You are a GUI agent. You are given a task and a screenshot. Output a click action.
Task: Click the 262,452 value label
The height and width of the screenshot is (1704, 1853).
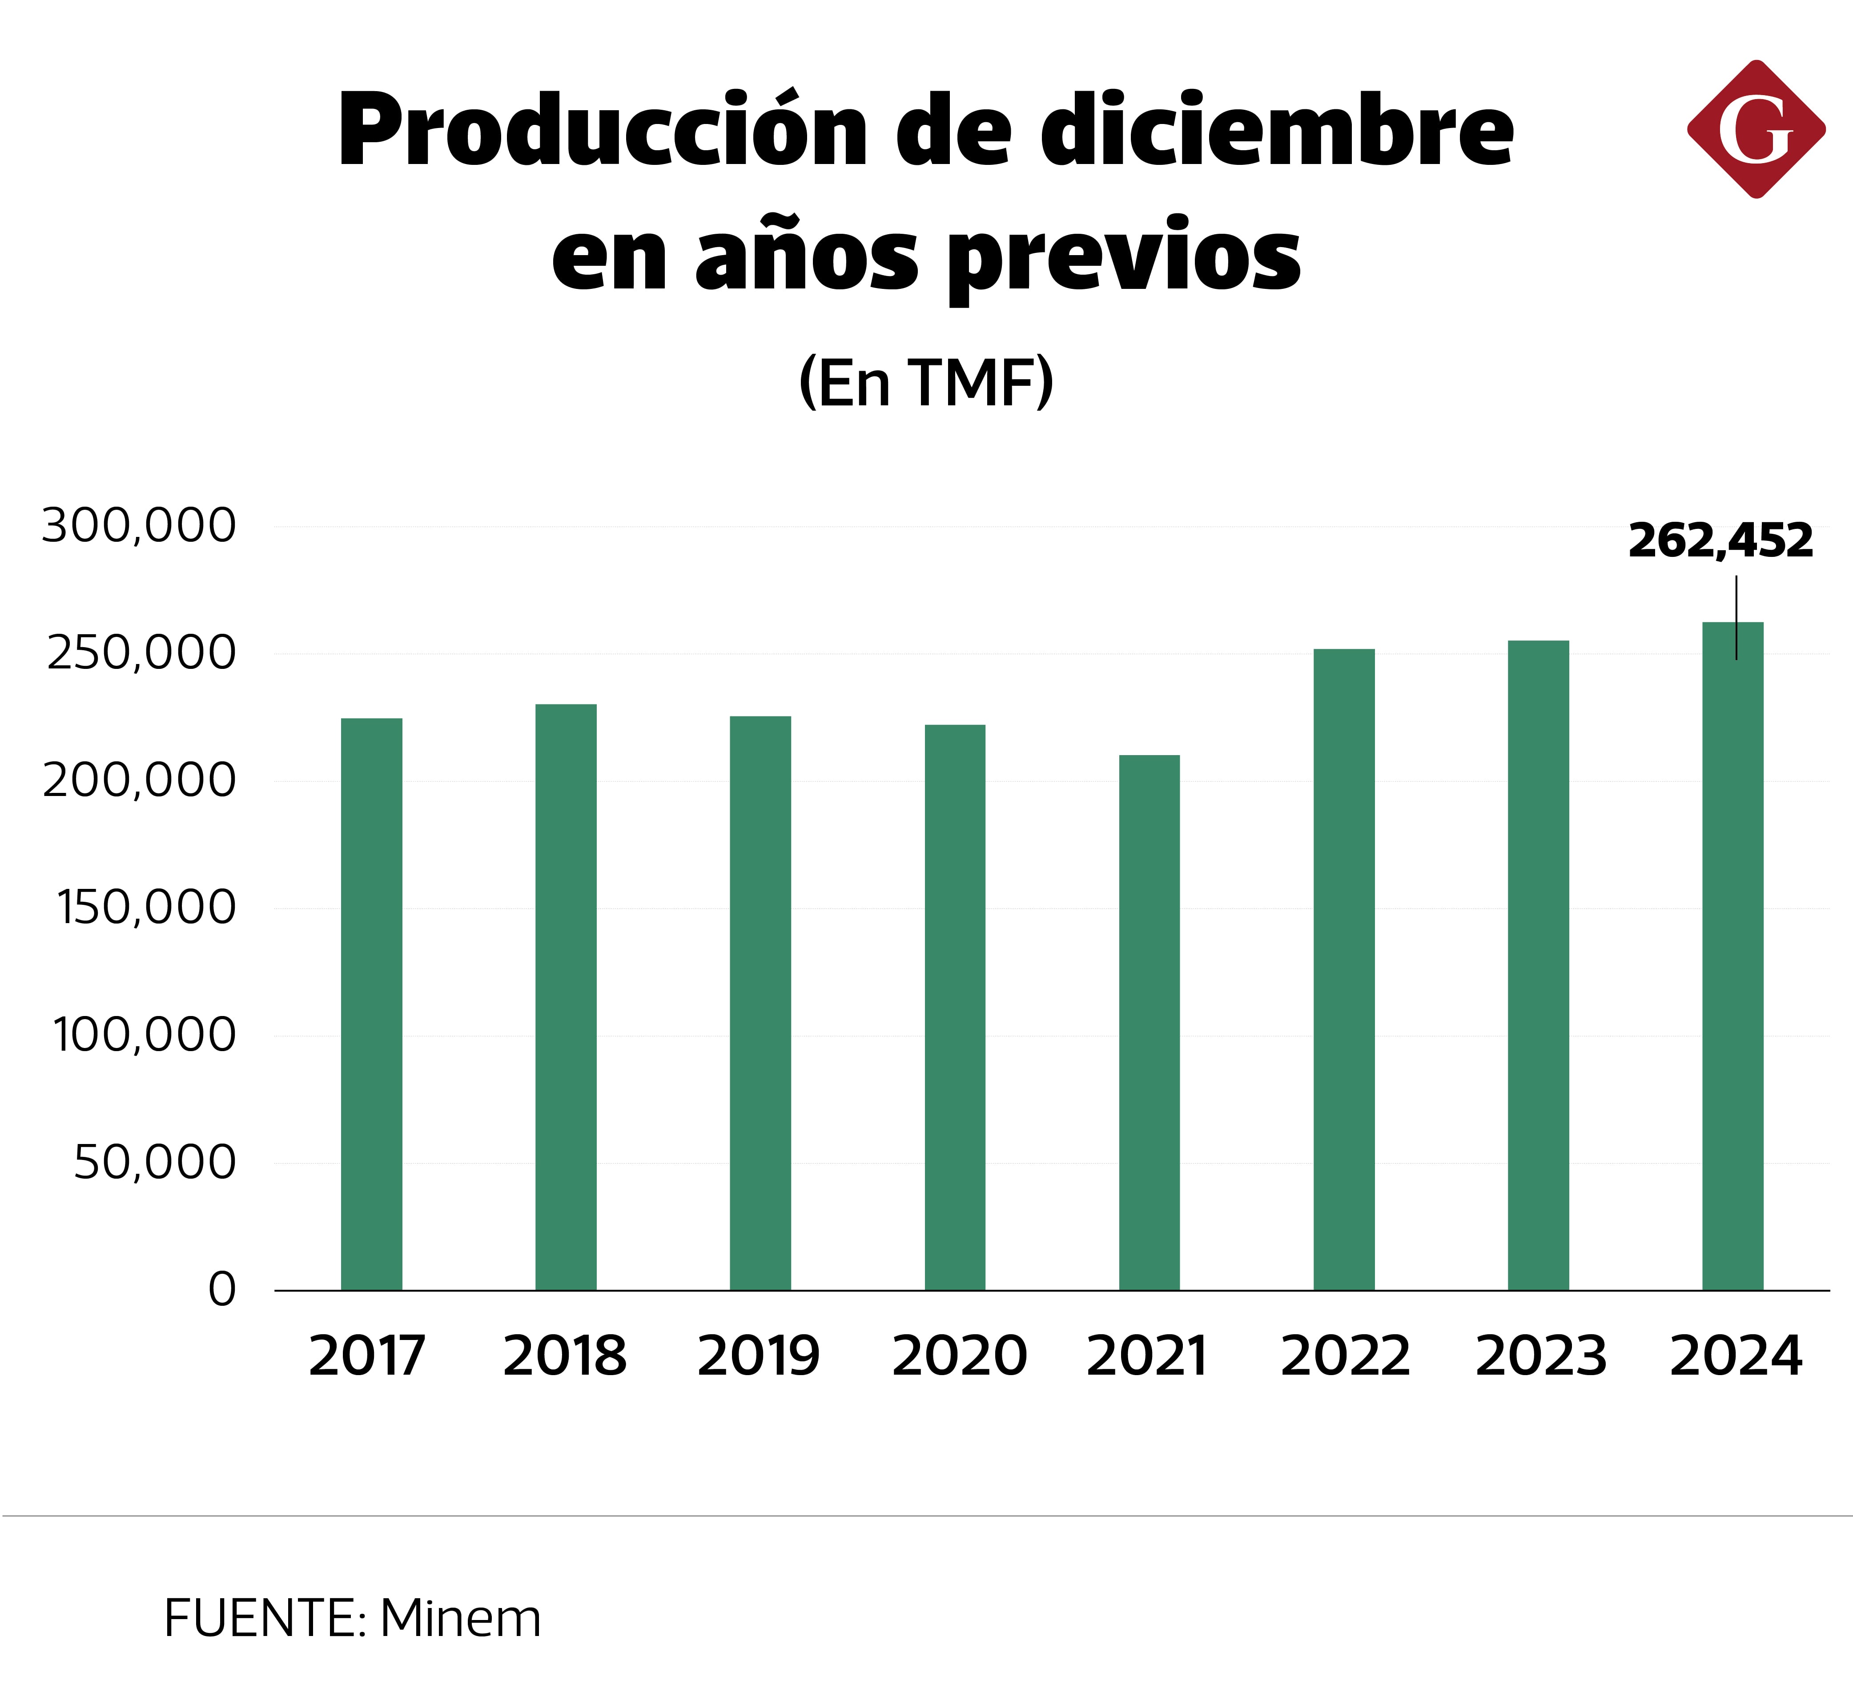point(1720,541)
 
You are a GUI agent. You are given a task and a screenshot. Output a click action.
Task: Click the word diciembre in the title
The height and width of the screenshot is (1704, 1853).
point(1278,131)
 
